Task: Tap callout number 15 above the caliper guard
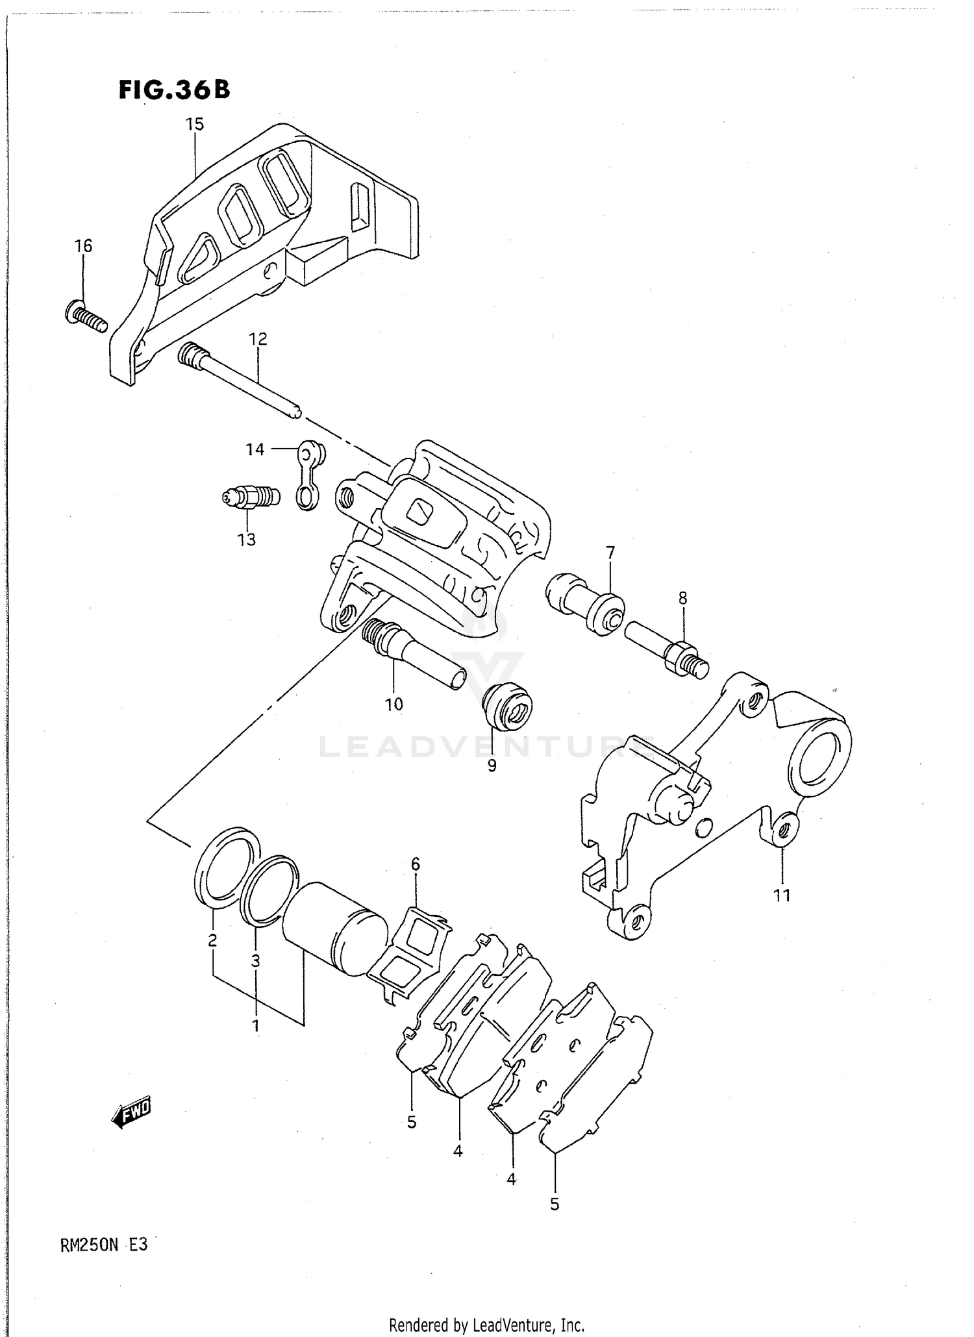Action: (x=195, y=124)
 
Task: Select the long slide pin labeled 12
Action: (x=240, y=381)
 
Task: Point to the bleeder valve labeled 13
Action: (x=250, y=498)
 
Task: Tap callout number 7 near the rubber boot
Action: (x=610, y=553)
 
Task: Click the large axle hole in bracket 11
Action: (x=819, y=759)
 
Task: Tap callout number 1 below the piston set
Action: (x=256, y=1025)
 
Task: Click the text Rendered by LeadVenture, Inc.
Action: (x=486, y=1324)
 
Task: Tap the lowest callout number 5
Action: (x=554, y=1204)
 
